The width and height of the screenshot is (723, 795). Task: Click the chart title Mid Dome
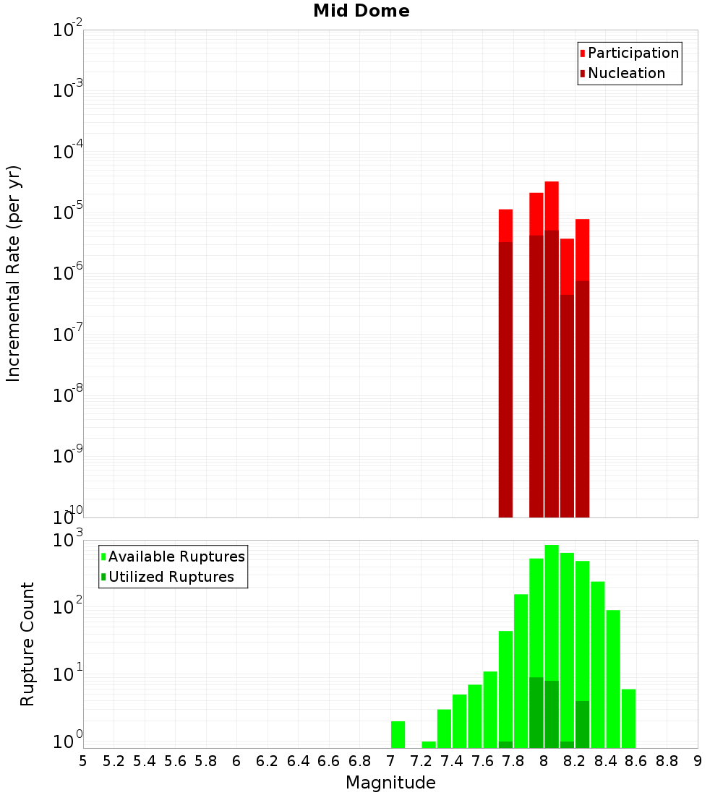coord(361,11)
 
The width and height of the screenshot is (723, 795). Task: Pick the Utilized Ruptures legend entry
coord(171,577)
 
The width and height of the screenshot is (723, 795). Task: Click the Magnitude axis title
coord(390,783)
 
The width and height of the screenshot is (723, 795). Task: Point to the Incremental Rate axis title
coord(14,273)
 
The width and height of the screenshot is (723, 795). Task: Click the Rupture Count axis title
coord(27,644)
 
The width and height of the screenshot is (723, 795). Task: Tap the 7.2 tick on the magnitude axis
coord(421,761)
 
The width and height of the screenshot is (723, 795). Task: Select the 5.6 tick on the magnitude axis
coord(175,761)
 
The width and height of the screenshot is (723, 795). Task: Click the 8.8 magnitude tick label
coord(667,761)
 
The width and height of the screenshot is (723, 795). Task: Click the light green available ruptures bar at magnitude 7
coord(398,734)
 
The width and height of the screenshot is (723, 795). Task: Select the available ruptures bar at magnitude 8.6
coord(628,718)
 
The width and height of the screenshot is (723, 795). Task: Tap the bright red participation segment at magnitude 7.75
coord(505,225)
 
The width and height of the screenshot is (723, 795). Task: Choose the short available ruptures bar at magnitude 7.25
coord(429,744)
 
